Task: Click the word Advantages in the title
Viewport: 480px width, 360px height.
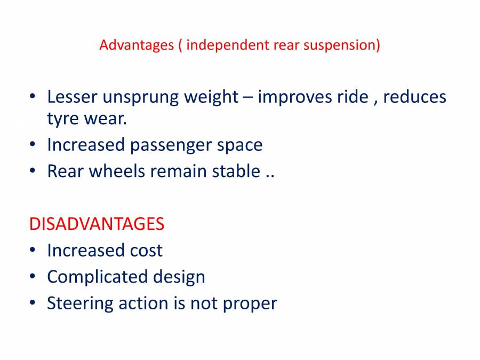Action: (x=137, y=45)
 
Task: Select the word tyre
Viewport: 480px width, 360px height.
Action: (x=63, y=118)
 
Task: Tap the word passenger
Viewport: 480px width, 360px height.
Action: (x=173, y=145)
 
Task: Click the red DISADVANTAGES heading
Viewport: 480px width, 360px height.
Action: (x=97, y=224)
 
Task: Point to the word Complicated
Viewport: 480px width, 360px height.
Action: (x=91, y=276)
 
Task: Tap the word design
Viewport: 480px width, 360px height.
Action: (x=179, y=276)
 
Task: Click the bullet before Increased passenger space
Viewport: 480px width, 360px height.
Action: (x=33, y=145)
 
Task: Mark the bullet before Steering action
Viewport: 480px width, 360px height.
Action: (x=33, y=303)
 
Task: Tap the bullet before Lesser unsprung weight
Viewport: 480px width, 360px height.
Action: (x=33, y=98)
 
